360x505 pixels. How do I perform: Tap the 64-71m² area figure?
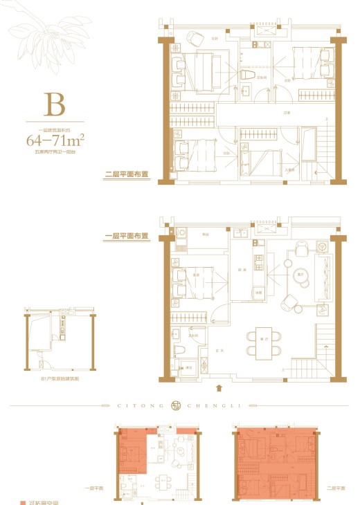pyautogui.click(x=55, y=140)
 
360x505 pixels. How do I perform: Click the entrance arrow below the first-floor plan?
pyautogui.click(x=219, y=389)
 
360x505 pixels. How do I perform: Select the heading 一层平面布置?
pyautogui.click(x=127, y=236)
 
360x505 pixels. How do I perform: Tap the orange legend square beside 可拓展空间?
pyautogui.click(x=22, y=501)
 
